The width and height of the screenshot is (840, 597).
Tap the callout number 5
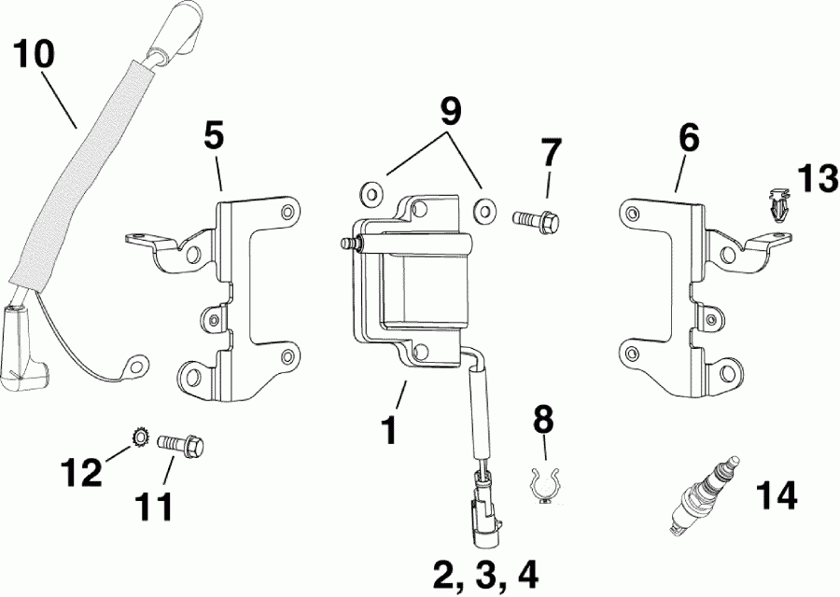pyautogui.click(x=214, y=136)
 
